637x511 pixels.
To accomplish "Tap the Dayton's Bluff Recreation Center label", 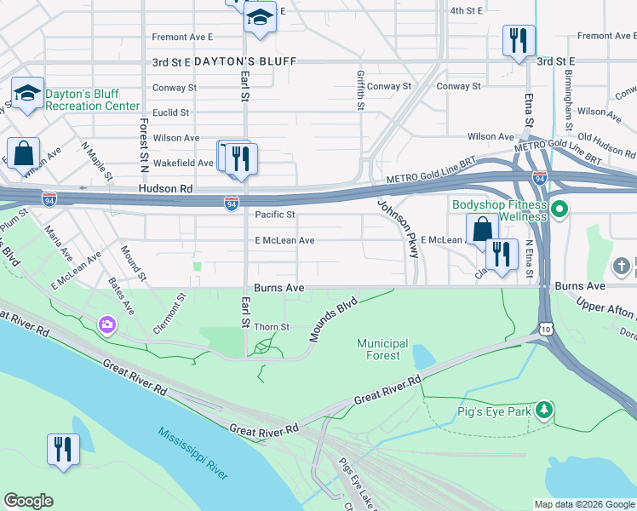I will [92, 100].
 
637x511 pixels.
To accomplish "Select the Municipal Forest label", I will [382, 349].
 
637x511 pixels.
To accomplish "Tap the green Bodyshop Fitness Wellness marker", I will [560, 209].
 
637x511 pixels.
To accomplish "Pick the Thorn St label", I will [273, 327].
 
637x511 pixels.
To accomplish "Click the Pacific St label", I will [275, 215].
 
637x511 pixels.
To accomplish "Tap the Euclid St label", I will [170, 112].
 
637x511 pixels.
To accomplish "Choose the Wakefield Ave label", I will [182, 163].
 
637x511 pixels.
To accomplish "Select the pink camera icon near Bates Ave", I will [107, 324].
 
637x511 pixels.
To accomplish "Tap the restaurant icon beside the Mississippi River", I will [63, 448].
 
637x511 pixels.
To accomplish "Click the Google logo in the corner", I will [28, 501].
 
